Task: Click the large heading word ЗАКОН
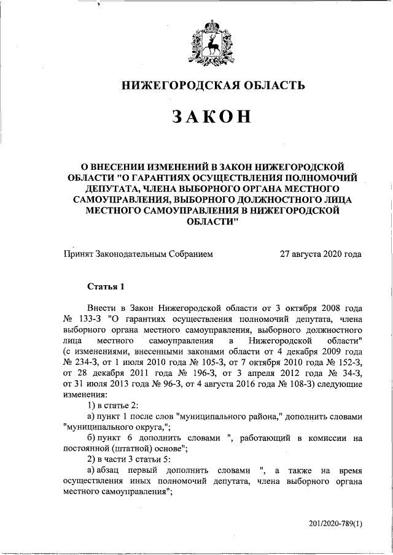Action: coord(212,116)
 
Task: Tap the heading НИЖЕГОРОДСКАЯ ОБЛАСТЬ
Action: coord(212,85)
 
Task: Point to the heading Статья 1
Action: coord(106,286)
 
